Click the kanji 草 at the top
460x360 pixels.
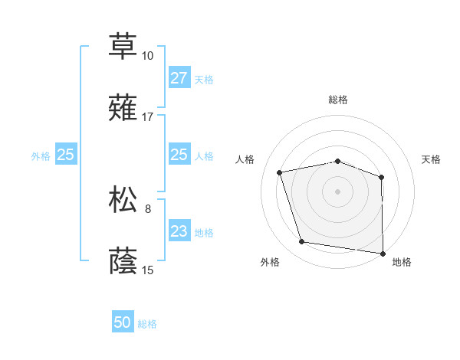click(123, 45)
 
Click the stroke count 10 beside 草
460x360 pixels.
click(148, 56)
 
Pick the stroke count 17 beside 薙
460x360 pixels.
click(148, 117)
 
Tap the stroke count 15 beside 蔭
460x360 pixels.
click(148, 270)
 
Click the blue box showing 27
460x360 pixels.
click(179, 78)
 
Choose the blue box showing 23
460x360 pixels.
click(179, 231)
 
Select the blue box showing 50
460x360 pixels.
click(123, 323)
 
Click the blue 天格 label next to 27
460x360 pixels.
click(204, 79)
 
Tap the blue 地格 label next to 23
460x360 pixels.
click(204, 232)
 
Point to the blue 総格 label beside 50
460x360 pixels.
click(147, 324)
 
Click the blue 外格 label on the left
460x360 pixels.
click(41, 155)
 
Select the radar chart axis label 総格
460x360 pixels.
click(338, 100)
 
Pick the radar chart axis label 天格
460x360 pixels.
click(432, 159)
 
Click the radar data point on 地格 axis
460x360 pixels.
click(383, 253)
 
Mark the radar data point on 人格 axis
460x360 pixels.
click(280, 172)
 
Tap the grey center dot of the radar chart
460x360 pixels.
click(338, 191)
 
